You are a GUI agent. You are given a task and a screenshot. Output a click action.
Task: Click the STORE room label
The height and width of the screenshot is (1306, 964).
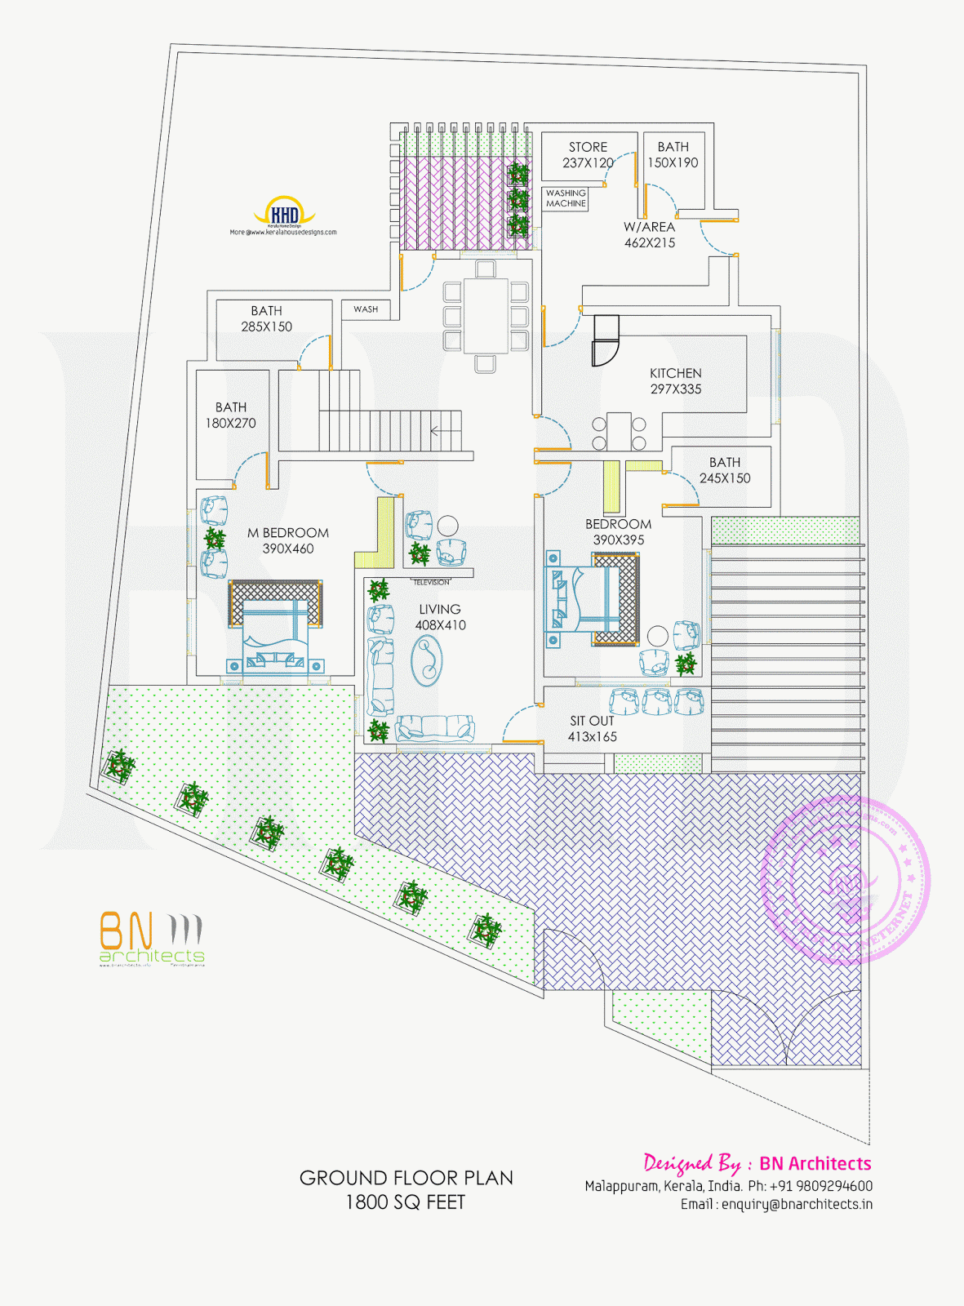(x=588, y=148)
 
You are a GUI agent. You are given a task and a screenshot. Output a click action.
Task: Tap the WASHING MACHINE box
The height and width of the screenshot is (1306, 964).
(x=566, y=198)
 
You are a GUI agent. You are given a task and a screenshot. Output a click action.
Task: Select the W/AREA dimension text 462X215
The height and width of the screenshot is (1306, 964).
(x=650, y=243)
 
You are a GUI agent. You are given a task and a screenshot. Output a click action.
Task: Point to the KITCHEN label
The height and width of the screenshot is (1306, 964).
(x=675, y=373)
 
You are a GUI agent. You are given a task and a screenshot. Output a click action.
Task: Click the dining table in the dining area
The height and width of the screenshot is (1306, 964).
(x=486, y=315)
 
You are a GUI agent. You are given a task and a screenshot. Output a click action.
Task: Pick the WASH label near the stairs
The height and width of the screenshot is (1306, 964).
(x=366, y=309)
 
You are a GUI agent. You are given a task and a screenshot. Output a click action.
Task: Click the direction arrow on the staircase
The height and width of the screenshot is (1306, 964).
(x=445, y=430)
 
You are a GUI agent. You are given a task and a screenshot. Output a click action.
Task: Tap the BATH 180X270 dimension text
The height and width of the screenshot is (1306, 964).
(x=230, y=423)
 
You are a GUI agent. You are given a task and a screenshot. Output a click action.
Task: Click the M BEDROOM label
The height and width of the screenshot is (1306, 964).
(x=288, y=533)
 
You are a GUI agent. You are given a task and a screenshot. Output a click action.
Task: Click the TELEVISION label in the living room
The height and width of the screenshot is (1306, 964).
(x=431, y=582)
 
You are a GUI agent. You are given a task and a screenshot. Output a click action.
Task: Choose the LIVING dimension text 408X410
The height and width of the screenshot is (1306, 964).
(x=440, y=625)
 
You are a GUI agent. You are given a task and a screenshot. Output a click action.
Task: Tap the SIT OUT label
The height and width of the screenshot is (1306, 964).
(x=592, y=721)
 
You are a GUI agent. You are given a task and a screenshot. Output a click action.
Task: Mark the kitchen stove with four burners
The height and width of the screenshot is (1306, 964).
(x=619, y=433)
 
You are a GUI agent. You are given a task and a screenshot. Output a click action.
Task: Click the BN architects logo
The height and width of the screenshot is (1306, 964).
(x=152, y=940)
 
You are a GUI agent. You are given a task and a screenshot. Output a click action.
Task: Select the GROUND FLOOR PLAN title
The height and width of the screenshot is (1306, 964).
(x=406, y=1178)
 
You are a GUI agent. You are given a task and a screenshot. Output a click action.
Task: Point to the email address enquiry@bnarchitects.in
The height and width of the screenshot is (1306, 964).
(x=776, y=1204)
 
